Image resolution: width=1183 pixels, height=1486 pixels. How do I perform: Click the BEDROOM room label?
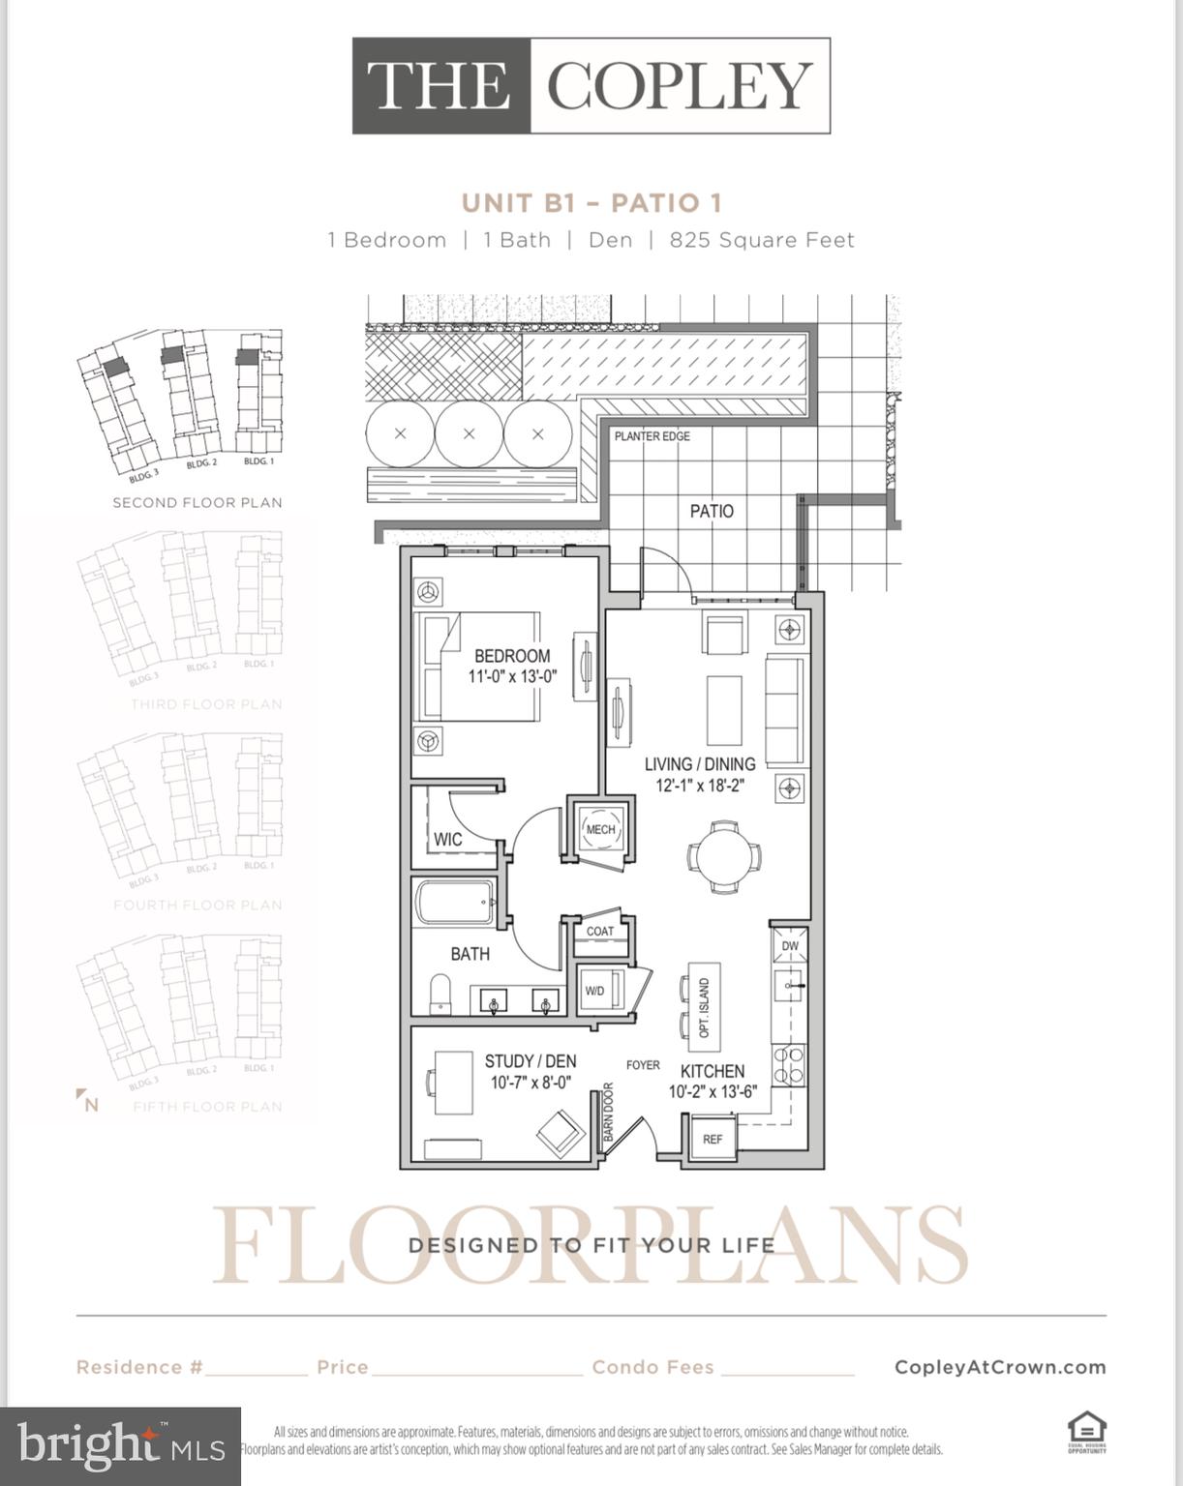(x=512, y=656)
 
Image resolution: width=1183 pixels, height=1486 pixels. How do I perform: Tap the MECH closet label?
(x=600, y=830)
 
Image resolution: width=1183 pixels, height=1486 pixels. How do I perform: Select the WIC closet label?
(x=447, y=839)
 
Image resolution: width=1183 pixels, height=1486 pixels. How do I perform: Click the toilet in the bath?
(x=440, y=994)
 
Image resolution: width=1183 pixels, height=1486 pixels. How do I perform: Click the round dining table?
(x=724, y=857)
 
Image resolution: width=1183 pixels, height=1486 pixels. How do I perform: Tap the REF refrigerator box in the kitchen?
(x=712, y=1139)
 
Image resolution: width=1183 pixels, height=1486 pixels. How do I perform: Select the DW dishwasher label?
(x=790, y=946)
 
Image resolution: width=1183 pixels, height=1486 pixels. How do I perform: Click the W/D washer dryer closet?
(x=596, y=991)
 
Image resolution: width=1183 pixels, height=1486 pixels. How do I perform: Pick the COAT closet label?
(x=600, y=932)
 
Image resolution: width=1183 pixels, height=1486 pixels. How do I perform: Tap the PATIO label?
(x=712, y=511)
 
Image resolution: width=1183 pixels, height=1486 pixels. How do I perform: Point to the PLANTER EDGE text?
(x=652, y=436)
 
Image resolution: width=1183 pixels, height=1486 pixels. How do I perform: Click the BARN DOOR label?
(x=609, y=1112)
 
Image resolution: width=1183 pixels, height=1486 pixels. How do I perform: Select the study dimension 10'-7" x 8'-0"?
(x=531, y=1083)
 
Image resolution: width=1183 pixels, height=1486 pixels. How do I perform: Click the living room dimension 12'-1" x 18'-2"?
(x=700, y=786)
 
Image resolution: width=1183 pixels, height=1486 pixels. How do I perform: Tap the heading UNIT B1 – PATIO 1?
(x=591, y=203)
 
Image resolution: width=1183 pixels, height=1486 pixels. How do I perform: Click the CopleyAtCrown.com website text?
(x=1000, y=1367)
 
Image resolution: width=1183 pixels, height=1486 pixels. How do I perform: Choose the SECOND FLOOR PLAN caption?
(x=197, y=503)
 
